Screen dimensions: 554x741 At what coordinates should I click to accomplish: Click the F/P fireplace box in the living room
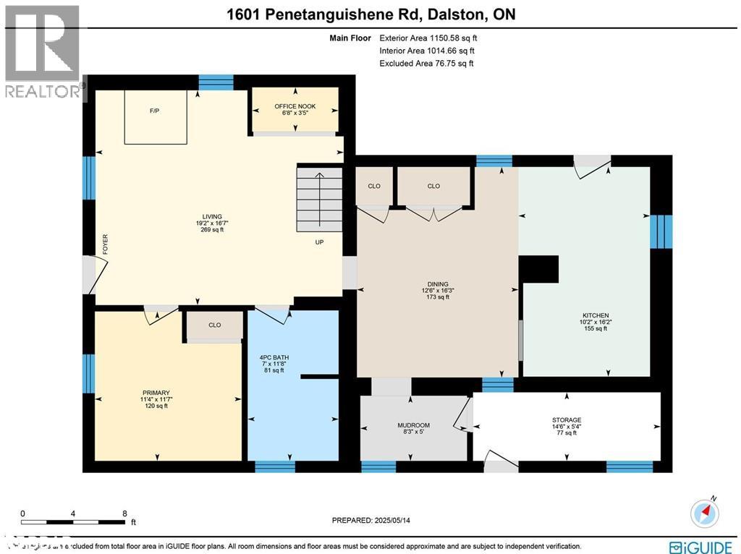pos(156,116)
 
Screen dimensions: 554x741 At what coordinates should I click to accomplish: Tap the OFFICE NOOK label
pos(295,106)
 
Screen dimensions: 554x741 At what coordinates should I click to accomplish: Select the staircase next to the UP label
pos(319,198)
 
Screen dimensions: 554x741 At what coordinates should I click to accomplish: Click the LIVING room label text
pos(212,216)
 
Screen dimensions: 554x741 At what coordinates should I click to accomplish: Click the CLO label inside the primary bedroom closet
pos(214,325)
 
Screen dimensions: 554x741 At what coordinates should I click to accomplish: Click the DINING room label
pos(438,284)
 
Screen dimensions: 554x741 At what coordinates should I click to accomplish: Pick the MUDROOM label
pos(413,425)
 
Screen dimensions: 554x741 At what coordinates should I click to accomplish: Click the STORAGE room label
pos(567,420)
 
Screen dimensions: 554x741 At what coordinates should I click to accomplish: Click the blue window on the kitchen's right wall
pos(661,231)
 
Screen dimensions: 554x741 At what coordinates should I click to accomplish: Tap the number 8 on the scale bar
pos(124,513)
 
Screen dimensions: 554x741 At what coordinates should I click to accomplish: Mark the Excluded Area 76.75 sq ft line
pos(426,64)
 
